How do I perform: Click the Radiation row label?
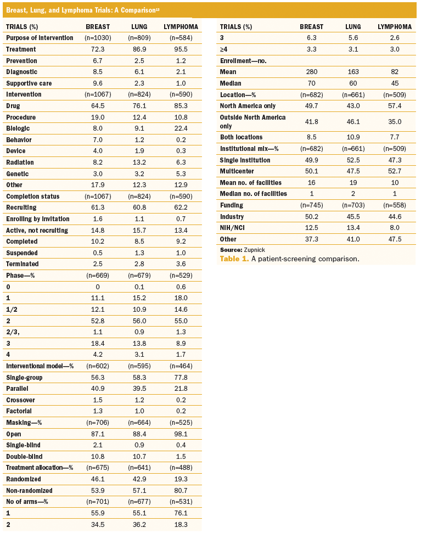point(20,162)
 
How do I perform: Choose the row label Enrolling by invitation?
point(38,218)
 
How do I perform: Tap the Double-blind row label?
point(25,457)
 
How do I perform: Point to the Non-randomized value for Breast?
point(98,491)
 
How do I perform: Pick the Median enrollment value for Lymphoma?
point(395,82)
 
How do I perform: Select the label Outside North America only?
point(252,121)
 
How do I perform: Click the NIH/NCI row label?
point(233,228)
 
